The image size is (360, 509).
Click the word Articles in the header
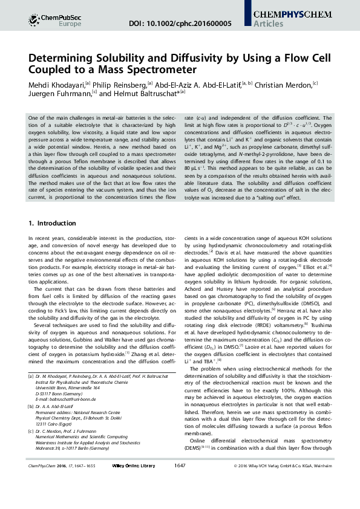click(270, 24)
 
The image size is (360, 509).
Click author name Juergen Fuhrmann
click(60, 94)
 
